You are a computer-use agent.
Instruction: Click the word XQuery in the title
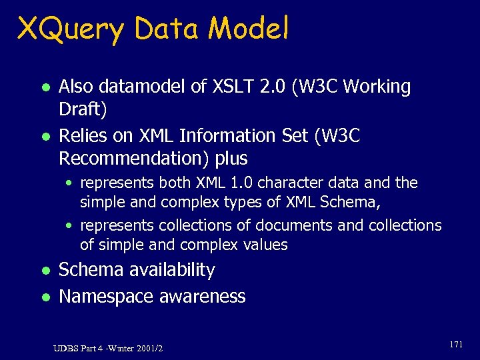pyautogui.click(x=71, y=29)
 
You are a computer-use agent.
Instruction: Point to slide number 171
pyautogui.click(x=456, y=345)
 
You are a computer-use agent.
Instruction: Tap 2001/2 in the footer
pyautogui.click(x=149, y=348)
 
